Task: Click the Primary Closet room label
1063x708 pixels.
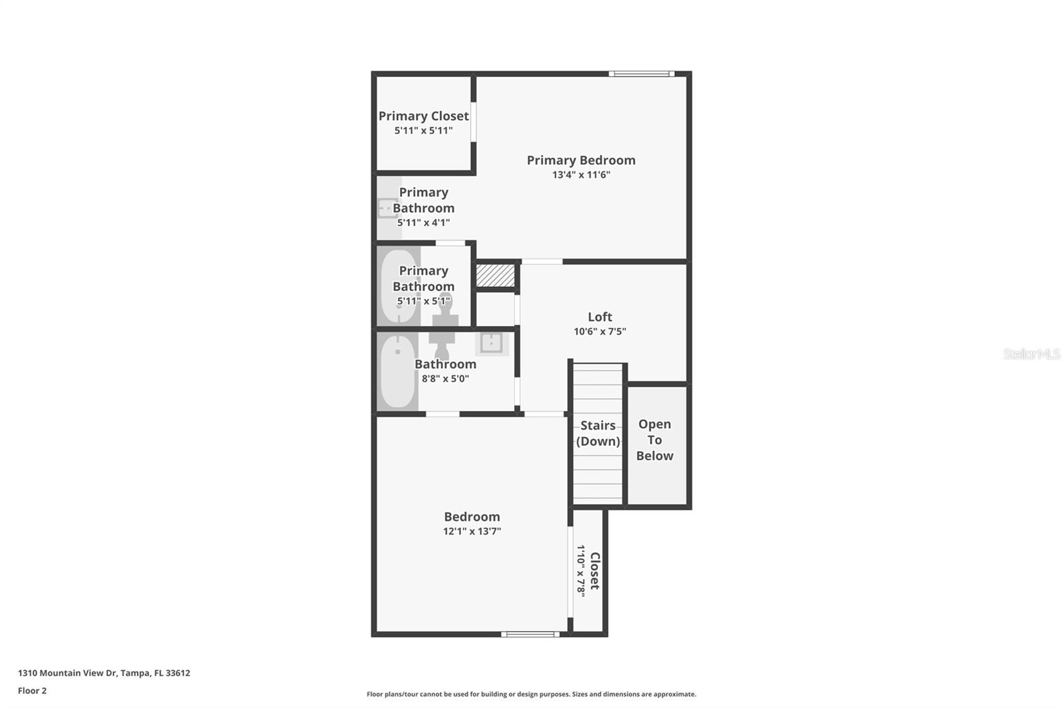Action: coord(423,116)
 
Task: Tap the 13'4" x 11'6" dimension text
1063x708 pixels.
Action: coord(581,175)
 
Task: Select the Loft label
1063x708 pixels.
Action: coord(599,317)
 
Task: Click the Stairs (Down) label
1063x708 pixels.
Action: coord(597,433)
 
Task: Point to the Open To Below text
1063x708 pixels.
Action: coord(654,440)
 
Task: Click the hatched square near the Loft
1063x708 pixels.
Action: coord(496,275)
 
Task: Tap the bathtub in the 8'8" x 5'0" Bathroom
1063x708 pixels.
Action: coord(397,372)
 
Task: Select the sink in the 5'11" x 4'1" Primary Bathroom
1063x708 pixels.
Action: coord(387,208)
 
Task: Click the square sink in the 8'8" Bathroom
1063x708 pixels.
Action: coord(491,343)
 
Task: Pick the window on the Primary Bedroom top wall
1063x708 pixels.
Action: coord(641,74)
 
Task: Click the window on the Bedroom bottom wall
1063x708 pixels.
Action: coord(530,634)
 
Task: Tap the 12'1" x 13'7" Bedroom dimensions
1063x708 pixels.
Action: coord(472,531)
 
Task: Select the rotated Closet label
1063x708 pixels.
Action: coord(595,571)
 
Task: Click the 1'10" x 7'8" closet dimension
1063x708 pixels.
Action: coord(581,571)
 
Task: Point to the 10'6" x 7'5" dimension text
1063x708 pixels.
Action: coord(599,331)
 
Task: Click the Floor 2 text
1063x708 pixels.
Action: coord(32,691)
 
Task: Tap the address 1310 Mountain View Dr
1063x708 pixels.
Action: coord(104,673)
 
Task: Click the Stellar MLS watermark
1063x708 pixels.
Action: coord(1031,354)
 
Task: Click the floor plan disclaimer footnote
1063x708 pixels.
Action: coord(531,694)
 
